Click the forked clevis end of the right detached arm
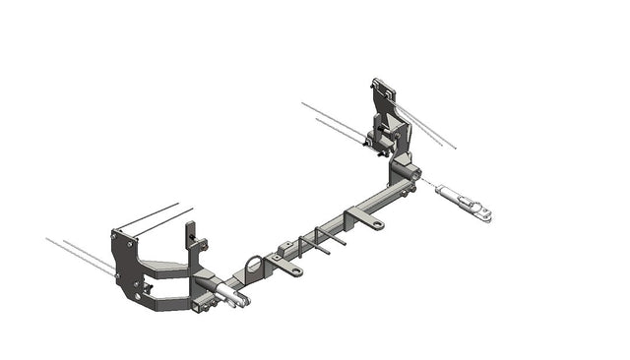482,211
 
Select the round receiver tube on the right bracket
406,172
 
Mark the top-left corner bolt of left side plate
115,234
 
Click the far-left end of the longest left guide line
46,238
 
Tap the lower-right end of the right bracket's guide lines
455,148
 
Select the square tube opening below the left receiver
205,305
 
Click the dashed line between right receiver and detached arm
429,184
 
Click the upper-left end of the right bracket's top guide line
303,102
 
